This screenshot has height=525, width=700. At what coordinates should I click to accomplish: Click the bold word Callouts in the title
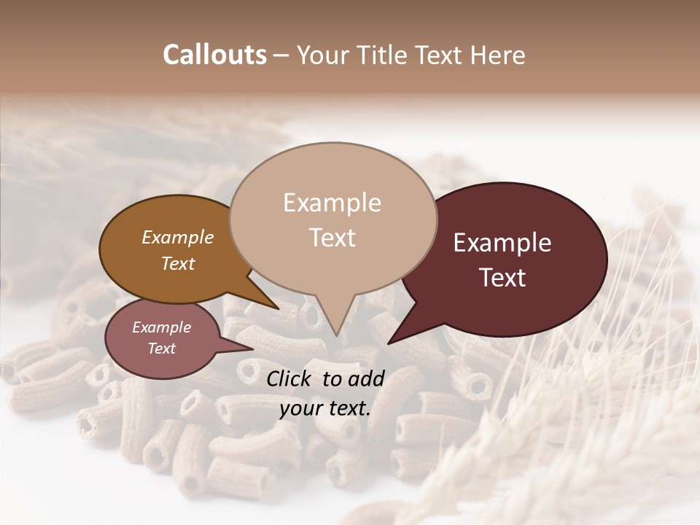click(214, 55)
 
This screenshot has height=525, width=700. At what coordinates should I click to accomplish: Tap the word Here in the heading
click(499, 55)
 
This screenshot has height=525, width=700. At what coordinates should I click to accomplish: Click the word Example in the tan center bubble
click(332, 203)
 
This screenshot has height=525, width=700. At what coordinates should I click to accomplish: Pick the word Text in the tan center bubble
click(332, 238)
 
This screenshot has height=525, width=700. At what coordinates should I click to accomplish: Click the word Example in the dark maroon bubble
click(502, 243)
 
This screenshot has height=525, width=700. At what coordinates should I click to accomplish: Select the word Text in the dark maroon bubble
click(503, 278)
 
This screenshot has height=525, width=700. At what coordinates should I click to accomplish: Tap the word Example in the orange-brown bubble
click(177, 237)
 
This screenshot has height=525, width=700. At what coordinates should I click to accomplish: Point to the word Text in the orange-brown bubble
click(178, 263)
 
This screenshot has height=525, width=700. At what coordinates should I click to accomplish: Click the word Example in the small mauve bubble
click(161, 327)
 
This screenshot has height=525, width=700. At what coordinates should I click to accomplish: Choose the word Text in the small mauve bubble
click(161, 349)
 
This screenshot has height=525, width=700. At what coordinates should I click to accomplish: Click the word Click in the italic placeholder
click(291, 378)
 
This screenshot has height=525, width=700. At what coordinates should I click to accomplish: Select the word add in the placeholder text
click(366, 378)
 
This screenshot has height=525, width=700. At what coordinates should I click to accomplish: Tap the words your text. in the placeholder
click(324, 408)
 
